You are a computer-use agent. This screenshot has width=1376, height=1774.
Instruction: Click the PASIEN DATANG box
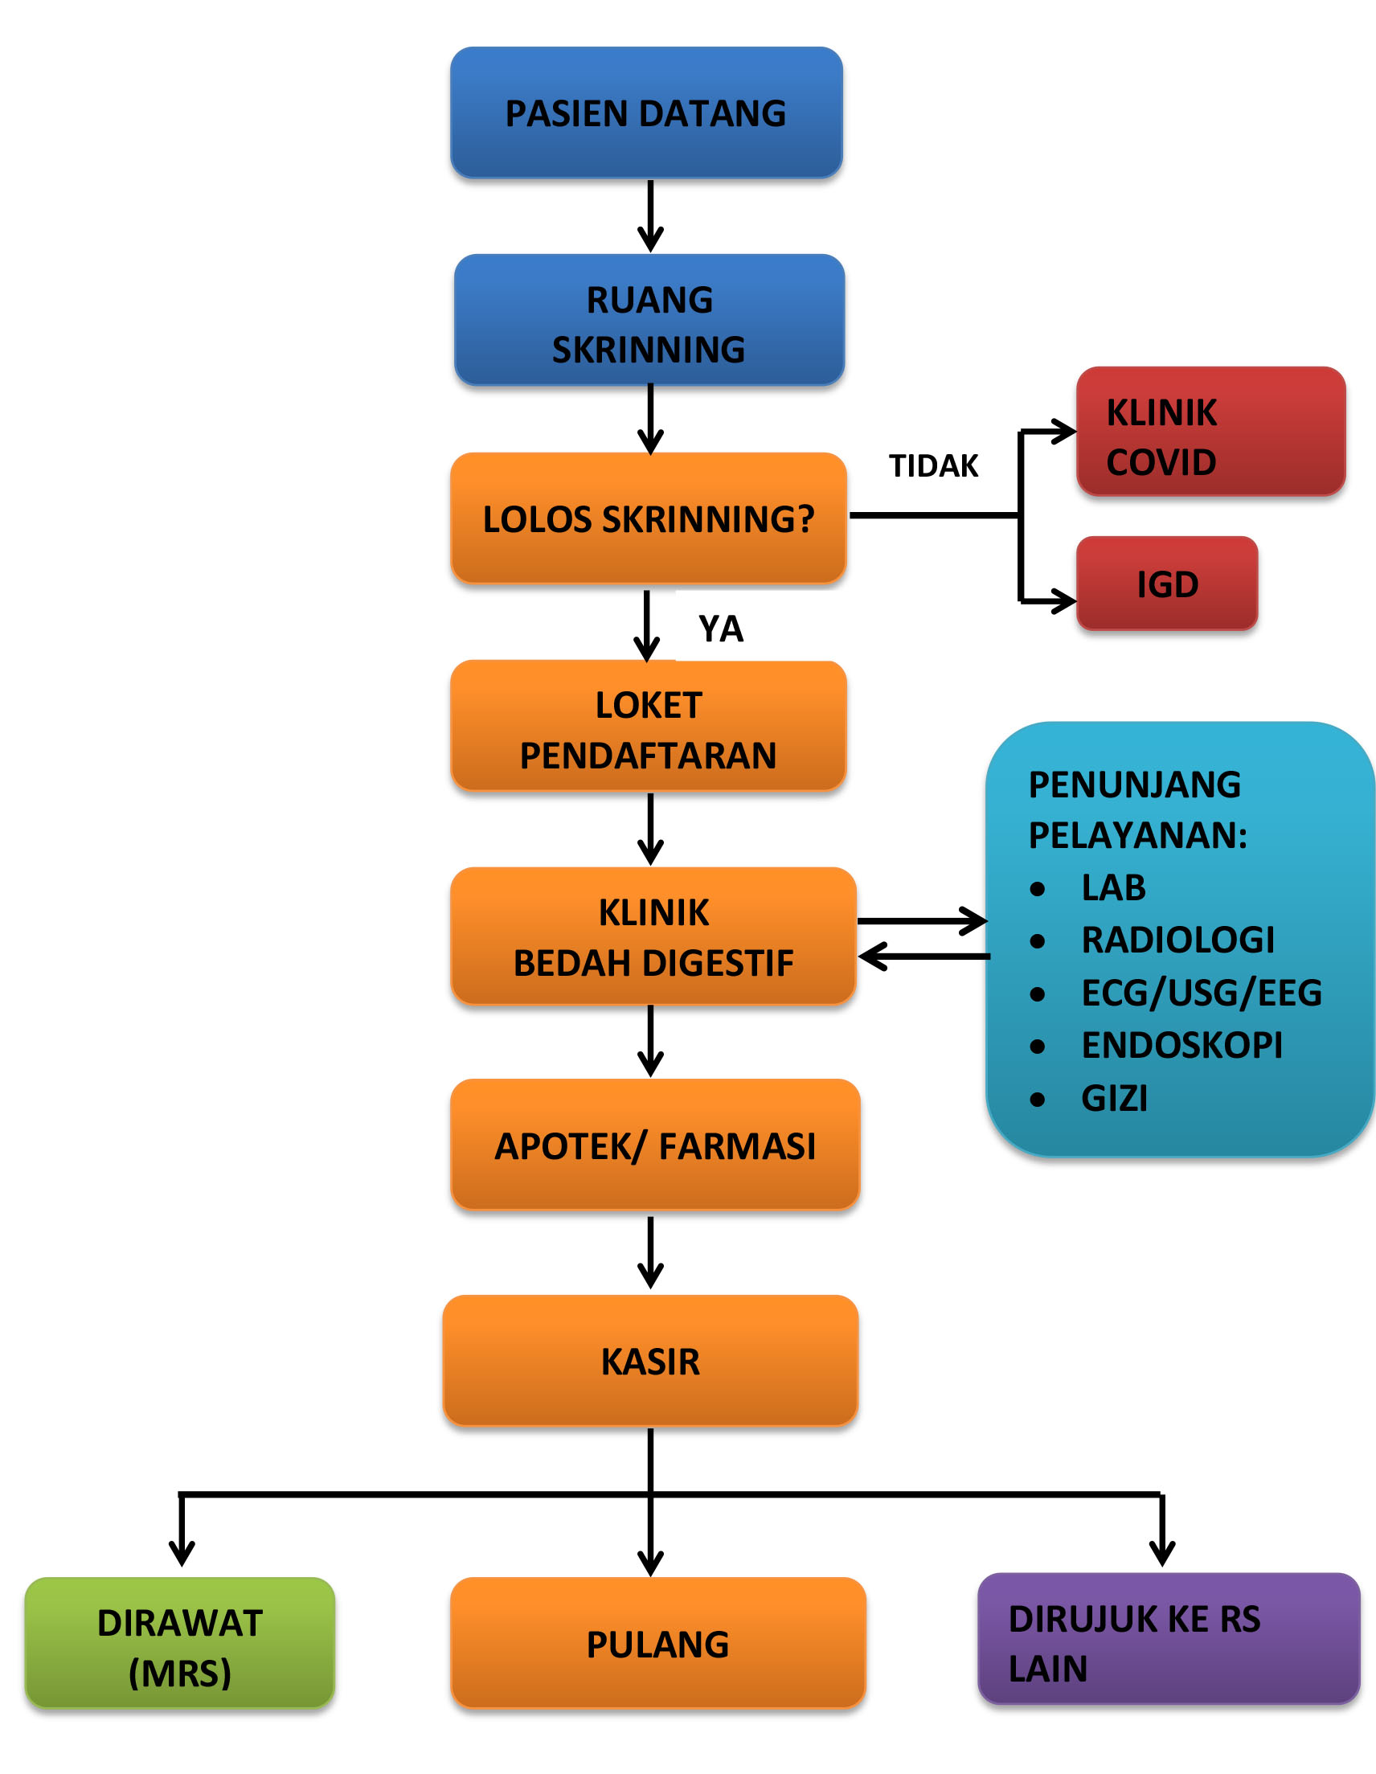(x=646, y=112)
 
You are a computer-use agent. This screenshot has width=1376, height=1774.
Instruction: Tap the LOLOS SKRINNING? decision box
(x=649, y=518)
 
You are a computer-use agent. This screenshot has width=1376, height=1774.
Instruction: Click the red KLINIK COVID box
(x=1211, y=431)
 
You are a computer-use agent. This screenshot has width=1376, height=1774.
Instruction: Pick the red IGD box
(x=1167, y=584)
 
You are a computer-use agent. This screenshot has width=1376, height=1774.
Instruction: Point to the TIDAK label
(x=934, y=466)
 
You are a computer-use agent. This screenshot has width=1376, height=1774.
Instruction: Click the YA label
(x=721, y=629)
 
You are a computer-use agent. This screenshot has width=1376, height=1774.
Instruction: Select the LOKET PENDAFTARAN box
(x=649, y=725)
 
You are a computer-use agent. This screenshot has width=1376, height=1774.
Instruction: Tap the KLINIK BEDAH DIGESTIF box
(x=654, y=936)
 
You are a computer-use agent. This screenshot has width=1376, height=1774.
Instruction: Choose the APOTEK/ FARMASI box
(x=656, y=1145)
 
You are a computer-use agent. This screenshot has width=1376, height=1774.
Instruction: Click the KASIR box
(x=651, y=1361)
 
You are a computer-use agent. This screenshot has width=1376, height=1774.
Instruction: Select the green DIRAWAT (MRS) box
(x=179, y=1643)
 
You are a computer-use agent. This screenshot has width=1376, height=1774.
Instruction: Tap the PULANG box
(x=658, y=1643)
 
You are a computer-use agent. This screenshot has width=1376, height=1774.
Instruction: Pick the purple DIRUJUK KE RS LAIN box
(x=1169, y=1639)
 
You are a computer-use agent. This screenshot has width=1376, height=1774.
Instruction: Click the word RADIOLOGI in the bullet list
(x=1177, y=940)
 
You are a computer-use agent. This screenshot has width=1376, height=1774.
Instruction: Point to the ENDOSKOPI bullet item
(x=1181, y=1046)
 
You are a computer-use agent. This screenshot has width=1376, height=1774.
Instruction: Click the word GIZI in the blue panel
(x=1115, y=1098)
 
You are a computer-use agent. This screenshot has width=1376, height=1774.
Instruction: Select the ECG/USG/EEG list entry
(x=1202, y=993)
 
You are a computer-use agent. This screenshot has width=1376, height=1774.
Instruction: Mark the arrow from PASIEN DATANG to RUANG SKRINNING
(x=651, y=216)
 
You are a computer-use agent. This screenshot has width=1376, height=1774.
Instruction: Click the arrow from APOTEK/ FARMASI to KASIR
(x=651, y=1252)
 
